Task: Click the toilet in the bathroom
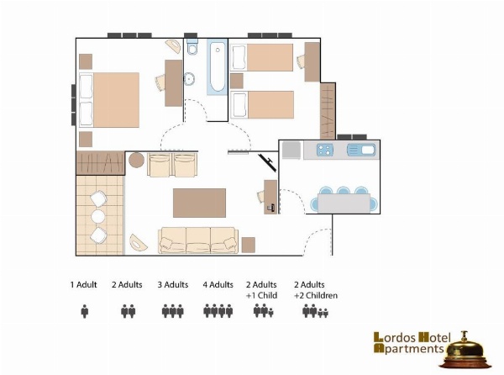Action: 192,47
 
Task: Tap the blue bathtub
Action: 218,67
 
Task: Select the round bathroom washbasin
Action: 189,79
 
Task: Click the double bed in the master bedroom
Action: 109,100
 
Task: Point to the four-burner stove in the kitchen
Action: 324,150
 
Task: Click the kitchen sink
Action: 361,150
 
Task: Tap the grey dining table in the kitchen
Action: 344,203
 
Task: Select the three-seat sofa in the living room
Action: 198,240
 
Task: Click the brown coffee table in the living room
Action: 199,203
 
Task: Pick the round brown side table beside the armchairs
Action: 136,160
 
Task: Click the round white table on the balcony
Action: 98,217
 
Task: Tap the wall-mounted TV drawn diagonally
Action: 267,162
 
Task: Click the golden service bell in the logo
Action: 465,352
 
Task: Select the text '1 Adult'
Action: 83,285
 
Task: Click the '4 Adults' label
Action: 218,285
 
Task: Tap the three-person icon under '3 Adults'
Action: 172,311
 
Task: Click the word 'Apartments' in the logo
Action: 409,348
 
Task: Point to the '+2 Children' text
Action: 316,295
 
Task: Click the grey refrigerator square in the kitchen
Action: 291,150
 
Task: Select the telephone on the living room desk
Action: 270,208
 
